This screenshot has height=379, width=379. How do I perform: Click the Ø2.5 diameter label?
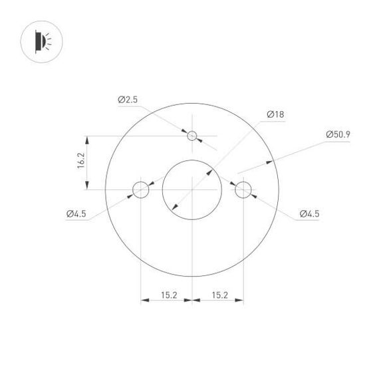pos(128,100)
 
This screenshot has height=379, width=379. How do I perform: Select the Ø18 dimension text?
pos(275,114)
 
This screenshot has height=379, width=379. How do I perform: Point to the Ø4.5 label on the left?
pos(76,213)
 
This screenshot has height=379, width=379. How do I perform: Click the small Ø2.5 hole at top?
pos(192,136)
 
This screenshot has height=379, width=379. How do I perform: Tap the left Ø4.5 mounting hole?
pos(140,190)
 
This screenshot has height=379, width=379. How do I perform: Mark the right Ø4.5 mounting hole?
pos(243,190)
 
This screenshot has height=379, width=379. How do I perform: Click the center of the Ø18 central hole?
pos(191,190)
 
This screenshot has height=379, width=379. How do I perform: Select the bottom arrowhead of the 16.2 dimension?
pos(87,187)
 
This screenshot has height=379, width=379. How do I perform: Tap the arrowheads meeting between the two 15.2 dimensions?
pos(191,301)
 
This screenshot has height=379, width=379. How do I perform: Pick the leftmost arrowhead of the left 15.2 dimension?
pos(143,301)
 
